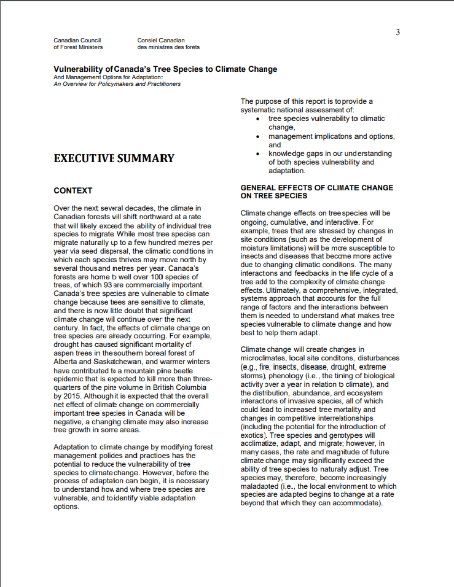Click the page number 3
[x=397, y=33]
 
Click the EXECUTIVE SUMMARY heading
[x=114, y=158]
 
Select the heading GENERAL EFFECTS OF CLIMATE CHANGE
[x=316, y=188]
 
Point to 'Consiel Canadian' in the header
[x=161, y=41]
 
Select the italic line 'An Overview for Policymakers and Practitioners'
[x=117, y=84]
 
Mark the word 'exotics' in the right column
[x=253, y=435]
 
